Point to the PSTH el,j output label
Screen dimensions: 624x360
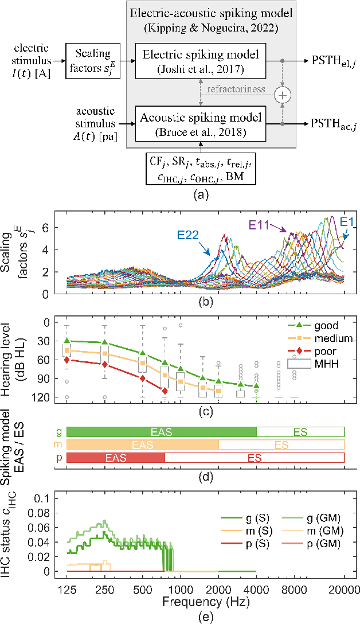click(x=332, y=60)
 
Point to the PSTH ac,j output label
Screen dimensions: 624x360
click(x=332, y=123)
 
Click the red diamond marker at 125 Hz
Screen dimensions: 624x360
click(x=67, y=360)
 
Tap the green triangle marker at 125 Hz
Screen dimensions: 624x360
click(x=67, y=341)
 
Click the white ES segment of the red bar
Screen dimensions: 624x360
click(x=255, y=457)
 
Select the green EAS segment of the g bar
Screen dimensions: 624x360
click(x=162, y=431)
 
